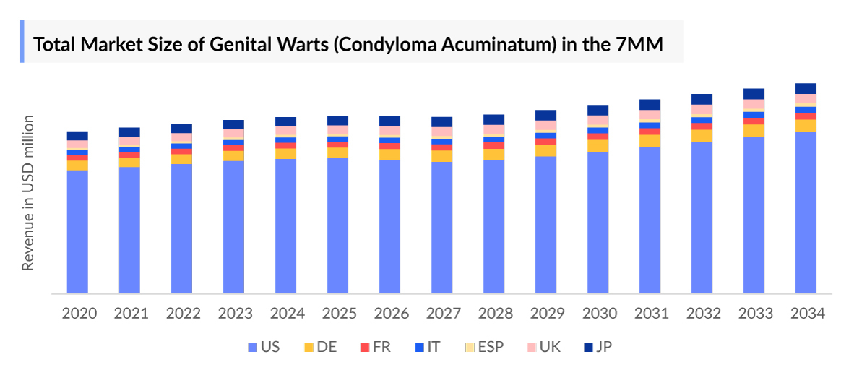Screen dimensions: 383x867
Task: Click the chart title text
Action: click(x=348, y=44)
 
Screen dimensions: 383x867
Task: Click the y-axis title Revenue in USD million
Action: click(x=28, y=192)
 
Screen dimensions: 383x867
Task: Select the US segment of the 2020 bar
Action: click(x=77, y=231)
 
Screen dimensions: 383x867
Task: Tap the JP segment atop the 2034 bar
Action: click(x=806, y=89)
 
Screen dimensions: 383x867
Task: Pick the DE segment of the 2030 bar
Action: click(x=598, y=145)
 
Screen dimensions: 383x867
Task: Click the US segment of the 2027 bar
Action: click(x=441, y=227)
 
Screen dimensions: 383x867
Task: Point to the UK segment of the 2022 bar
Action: click(x=181, y=138)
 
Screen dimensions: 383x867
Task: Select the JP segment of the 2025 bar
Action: click(x=337, y=121)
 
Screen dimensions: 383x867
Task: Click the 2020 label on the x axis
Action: click(x=77, y=314)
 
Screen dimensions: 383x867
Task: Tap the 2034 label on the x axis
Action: click(x=806, y=314)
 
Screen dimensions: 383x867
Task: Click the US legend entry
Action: click(x=263, y=347)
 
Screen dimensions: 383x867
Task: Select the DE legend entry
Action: click(x=319, y=347)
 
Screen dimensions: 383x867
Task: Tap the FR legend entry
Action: click(x=375, y=347)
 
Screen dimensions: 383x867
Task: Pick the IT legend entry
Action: click(x=427, y=347)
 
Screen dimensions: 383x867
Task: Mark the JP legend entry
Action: click(x=598, y=347)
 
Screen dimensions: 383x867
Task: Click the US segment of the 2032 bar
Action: click(x=702, y=217)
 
